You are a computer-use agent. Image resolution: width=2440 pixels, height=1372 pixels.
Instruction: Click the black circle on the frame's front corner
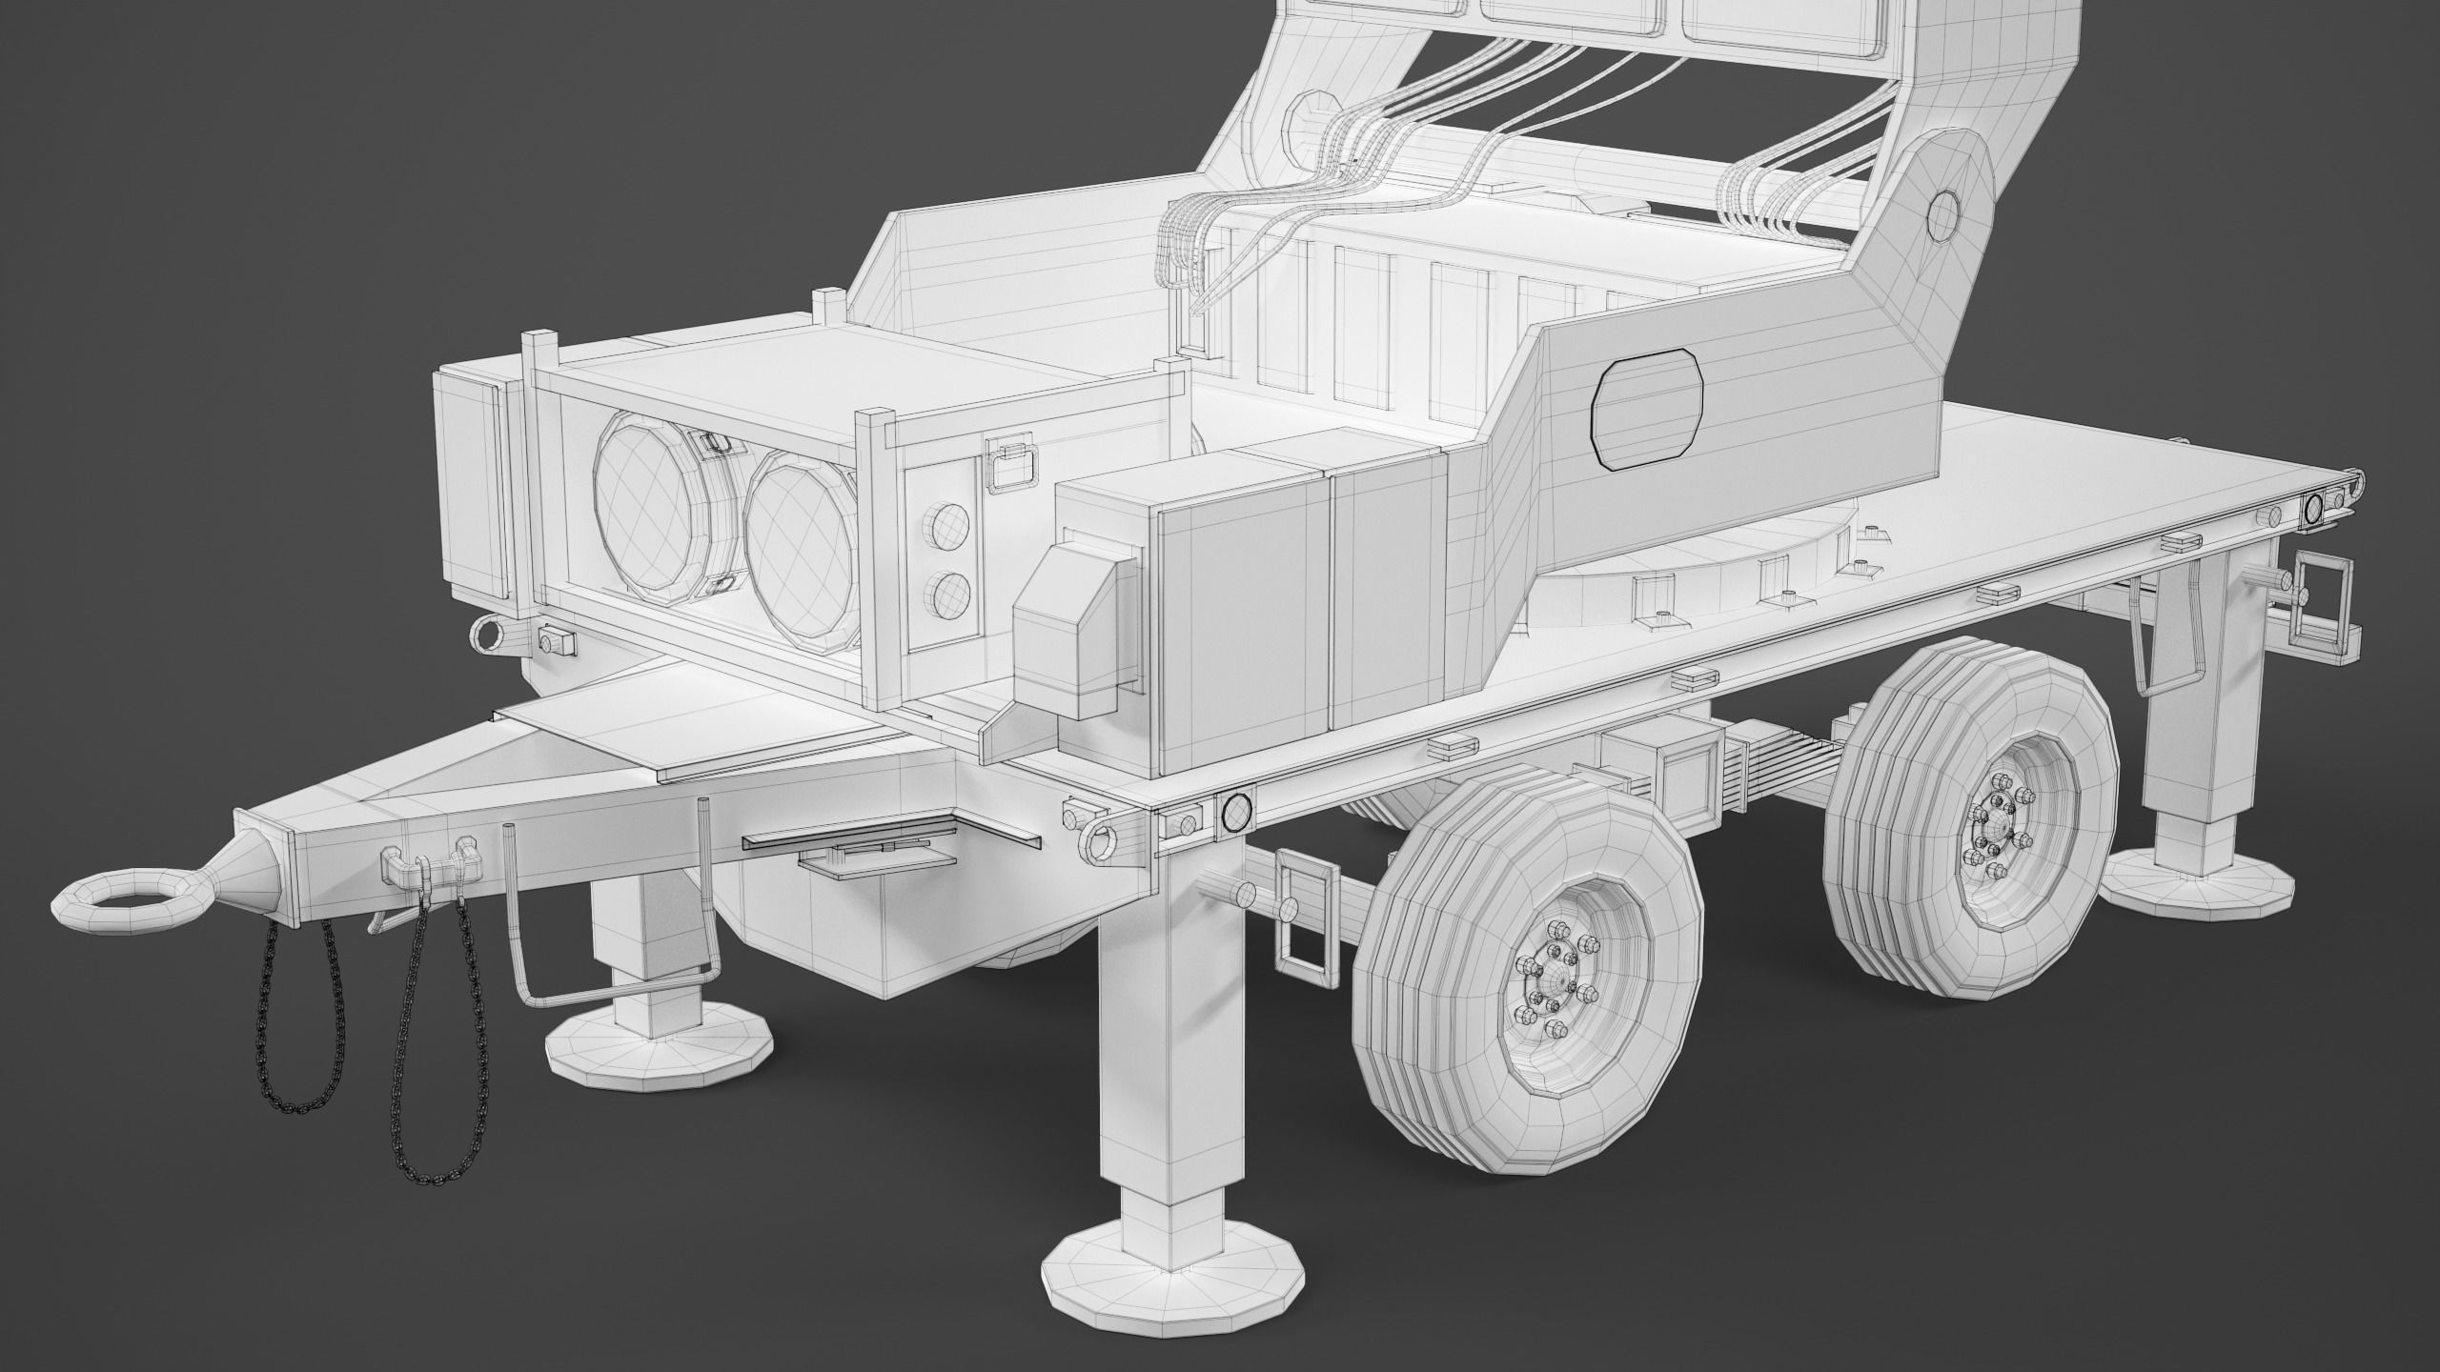(x=1235, y=811)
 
